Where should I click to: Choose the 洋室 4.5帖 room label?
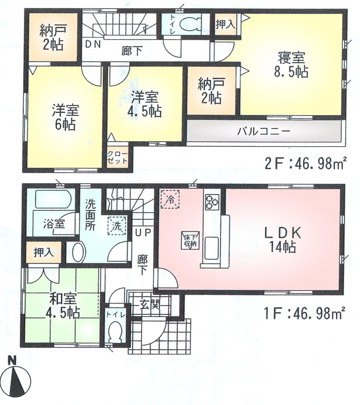pos(146,104)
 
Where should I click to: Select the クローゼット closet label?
pos(118,158)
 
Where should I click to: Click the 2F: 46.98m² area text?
pos(306,163)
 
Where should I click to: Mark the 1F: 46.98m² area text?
pos(306,315)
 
